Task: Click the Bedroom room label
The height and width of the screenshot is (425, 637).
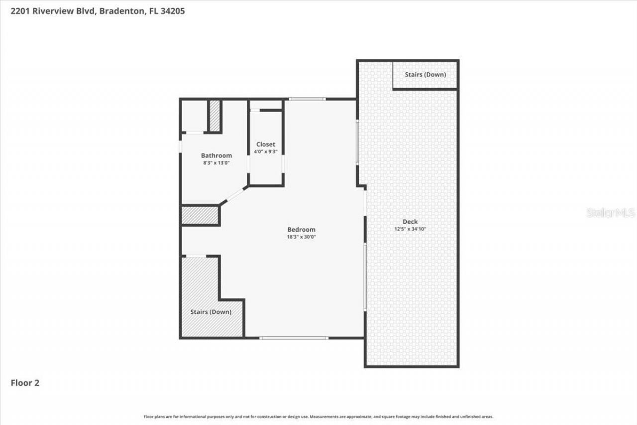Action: point(301,229)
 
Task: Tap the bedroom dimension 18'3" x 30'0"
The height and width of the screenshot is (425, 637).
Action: point(301,237)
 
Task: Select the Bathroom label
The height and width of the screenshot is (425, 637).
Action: point(216,155)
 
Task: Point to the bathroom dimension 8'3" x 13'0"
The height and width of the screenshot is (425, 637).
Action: point(216,163)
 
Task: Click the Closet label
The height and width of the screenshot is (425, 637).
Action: point(265,144)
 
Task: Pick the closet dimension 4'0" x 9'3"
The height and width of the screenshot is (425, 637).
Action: point(265,151)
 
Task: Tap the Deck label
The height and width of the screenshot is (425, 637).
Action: point(410,222)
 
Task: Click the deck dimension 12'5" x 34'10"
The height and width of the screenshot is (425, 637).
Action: point(410,229)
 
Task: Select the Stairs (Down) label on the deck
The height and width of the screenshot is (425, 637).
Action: point(425,75)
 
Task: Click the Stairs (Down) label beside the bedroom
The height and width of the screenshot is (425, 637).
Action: point(211,312)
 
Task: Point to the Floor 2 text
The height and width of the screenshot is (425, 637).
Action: point(25,383)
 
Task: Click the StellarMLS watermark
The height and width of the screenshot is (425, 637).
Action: point(611,213)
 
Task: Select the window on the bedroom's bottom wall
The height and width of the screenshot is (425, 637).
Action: point(294,338)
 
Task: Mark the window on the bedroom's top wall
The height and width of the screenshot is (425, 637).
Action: point(307,99)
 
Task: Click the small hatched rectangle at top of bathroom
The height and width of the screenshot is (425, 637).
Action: point(214,116)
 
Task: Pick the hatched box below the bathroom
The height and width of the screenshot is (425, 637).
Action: point(200,216)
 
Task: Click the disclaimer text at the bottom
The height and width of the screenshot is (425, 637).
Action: point(318,417)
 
